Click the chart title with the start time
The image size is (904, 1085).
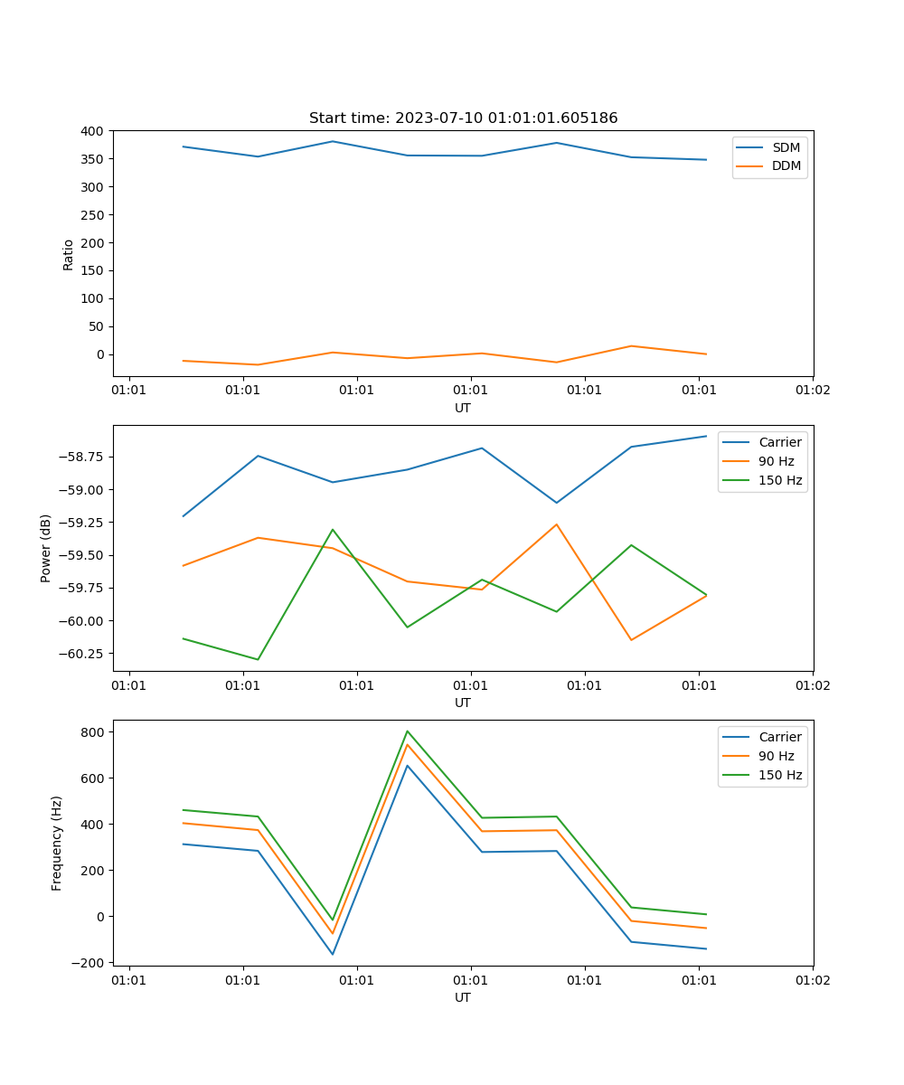tap(463, 118)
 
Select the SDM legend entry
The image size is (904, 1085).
tap(786, 147)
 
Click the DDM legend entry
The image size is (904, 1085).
tap(786, 166)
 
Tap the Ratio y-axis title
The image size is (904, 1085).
tap(69, 254)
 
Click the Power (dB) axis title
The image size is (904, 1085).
tap(46, 548)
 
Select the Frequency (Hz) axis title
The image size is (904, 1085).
tap(57, 843)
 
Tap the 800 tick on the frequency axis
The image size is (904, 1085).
tap(94, 731)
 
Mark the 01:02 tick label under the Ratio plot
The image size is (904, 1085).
tap(812, 391)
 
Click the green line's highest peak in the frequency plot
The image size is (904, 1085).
tap(408, 731)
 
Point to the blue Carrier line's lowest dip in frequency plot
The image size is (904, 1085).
tap(333, 954)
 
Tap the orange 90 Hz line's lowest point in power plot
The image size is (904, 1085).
tap(631, 640)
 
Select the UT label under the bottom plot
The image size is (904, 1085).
tap(463, 997)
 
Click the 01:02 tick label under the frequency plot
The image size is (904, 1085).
tap(812, 980)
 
